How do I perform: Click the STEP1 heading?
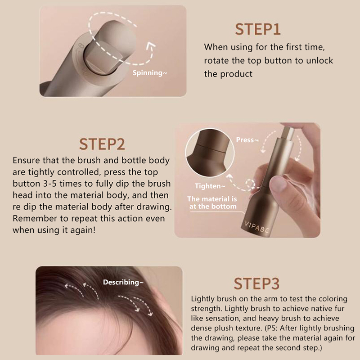coord(257,29)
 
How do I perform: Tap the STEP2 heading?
coord(102,144)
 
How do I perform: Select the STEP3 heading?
coord(256,283)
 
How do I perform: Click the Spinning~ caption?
coord(150,73)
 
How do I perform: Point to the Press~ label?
coord(247,139)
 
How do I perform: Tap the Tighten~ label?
coord(210,186)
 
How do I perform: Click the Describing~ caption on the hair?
coord(123,282)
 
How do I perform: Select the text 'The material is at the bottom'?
coord(212,202)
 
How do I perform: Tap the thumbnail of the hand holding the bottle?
coord(247,180)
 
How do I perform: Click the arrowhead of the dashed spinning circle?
coord(150,46)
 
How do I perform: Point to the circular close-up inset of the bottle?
coord(210,153)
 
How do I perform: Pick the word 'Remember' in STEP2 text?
coord(35,218)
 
